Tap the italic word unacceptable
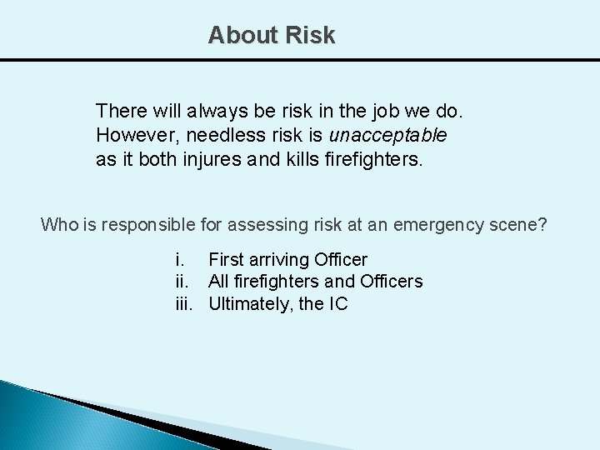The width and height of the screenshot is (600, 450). pos(388,135)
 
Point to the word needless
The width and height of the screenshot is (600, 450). pos(214,135)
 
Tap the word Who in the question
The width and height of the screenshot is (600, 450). pos(59,224)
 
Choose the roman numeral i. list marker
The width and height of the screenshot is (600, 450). pos(179,260)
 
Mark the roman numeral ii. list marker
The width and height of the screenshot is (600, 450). pos(182,282)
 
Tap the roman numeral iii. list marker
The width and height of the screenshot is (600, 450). pos(184,304)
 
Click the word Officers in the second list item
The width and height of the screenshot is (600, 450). pos(391,282)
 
